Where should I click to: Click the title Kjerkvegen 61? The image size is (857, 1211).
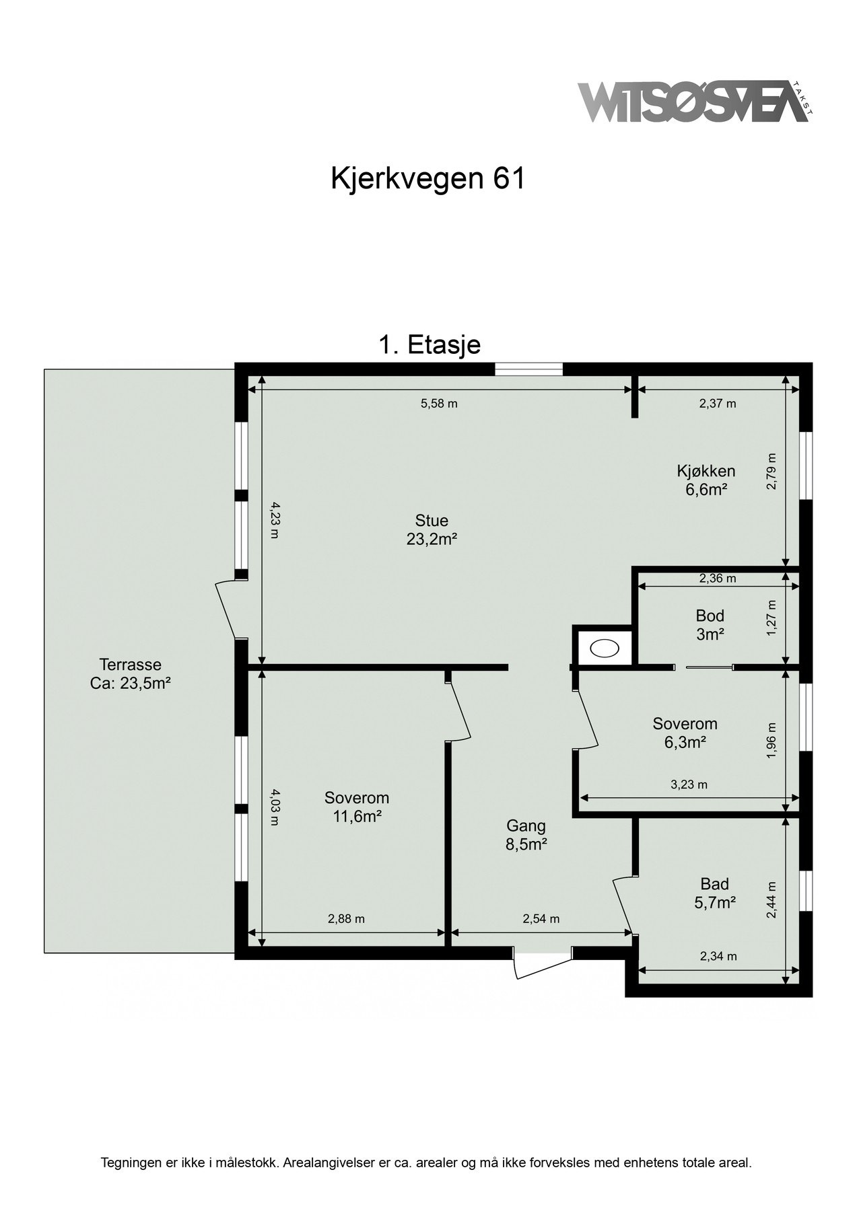tap(427, 179)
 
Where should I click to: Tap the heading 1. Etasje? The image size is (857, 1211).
tap(430, 345)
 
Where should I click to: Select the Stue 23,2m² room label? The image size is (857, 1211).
tap(432, 529)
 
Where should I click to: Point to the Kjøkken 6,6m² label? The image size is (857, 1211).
tap(706, 480)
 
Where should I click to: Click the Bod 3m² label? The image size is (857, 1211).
tap(710, 624)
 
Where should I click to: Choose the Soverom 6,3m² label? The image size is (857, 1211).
tap(685, 733)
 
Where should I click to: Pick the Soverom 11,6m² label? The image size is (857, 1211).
tap(357, 807)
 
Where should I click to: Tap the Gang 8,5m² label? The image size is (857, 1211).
tap(526, 835)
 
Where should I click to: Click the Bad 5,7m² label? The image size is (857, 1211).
tap(715, 893)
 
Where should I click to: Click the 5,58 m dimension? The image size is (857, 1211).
tap(439, 404)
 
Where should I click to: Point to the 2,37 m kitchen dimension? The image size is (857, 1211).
tap(718, 404)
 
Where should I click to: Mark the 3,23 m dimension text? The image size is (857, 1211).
tap(689, 784)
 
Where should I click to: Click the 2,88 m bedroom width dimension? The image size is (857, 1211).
tap(346, 919)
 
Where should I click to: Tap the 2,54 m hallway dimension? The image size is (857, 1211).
tap(541, 919)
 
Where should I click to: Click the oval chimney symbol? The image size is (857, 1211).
tap(602, 648)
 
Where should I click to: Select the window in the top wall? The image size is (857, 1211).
tap(528, 369)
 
